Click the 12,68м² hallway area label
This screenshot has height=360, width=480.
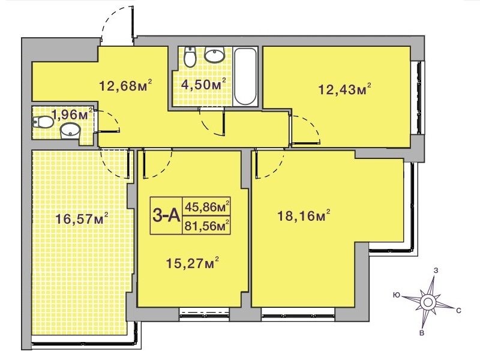tap(125, 85)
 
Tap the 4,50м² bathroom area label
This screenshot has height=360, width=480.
tap(203, 84)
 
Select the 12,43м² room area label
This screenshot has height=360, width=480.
tap(345, 89)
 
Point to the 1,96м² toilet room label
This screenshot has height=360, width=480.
tap(72, 114)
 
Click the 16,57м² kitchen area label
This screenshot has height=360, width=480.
tap(82, 218)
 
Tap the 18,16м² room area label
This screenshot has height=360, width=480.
tap(304, 216)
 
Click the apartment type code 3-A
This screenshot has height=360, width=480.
tap(166, 215)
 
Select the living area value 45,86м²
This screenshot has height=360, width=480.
tap(207, 206)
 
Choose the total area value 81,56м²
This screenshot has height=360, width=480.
tap(207, 226)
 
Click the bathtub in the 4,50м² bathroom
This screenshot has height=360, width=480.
tap(245, 76)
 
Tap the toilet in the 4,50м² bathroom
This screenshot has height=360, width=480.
tap(190, 56)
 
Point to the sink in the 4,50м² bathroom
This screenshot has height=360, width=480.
tap(215, 55)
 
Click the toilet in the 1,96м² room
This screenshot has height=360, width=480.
tap(43, 122)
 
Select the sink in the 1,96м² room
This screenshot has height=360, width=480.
tap(70, 131)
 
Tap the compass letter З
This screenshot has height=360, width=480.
tap(437, 271)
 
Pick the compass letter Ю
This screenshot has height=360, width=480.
tap(397, 295)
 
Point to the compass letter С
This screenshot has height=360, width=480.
tap(458, 311)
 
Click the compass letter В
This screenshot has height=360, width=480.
tap(422, 333)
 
